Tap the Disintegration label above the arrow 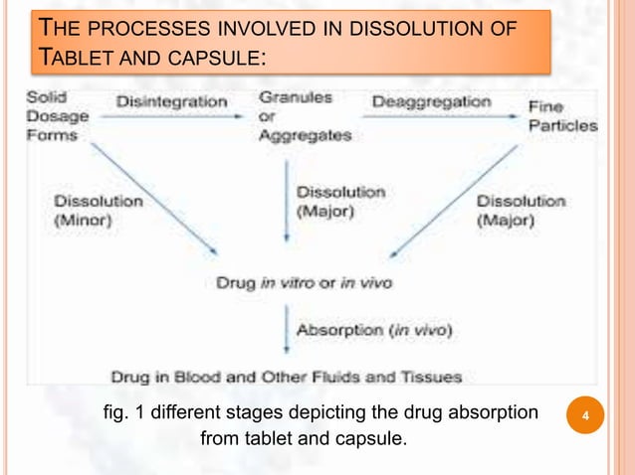tap(171, 100)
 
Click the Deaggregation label tap(432, 100)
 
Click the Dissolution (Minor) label tap(98, 210)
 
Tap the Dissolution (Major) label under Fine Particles tap(521, 210)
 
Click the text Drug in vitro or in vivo tap(305, 283)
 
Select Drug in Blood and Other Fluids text tap(285, 377)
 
